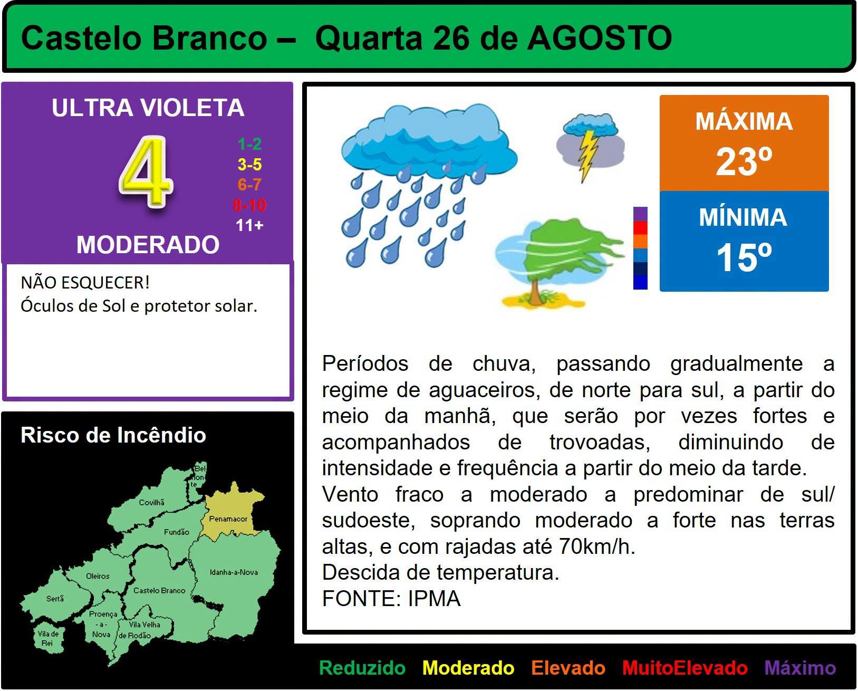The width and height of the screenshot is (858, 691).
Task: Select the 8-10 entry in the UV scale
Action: [x=249, y=205]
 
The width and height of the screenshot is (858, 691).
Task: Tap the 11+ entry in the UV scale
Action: [x=249, y=225]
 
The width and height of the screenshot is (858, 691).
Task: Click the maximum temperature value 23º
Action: [x=744, y=161]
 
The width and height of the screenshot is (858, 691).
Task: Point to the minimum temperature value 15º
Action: [x=744, y=258]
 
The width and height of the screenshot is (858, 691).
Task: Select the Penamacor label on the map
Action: [x=228, y=519]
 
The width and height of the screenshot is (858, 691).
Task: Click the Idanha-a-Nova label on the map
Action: [x=234, y=572]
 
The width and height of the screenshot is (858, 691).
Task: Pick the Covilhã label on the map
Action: [x=151, y=502]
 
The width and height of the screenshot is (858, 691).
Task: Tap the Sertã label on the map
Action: [x=55, y=599]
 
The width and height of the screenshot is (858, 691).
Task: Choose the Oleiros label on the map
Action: [x=98, y=576]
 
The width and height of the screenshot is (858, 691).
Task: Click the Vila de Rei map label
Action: [x=48, y=638]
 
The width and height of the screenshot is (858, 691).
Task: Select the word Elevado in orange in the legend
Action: [x=568, y=668]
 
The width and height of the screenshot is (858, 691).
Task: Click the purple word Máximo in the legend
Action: [x=800, y=668]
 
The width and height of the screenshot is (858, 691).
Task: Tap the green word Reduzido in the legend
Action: [x=362, y=668]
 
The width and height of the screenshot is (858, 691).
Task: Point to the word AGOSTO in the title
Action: [x=600, y=39]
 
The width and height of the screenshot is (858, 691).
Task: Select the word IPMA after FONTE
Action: [x=434, y=599]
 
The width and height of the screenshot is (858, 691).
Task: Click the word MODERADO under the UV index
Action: [x=148, y=245]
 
